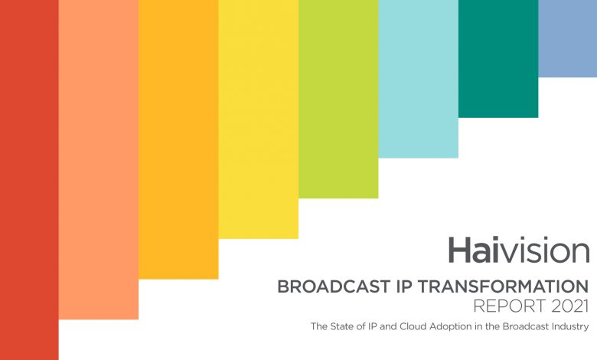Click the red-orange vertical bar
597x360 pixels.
(29, 180)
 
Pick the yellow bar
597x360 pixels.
(258, 119)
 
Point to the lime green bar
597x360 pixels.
(338, 99)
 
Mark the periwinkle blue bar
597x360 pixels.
(567, 38)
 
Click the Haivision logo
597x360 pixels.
(518, 251)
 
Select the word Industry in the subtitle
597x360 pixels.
(569, 327)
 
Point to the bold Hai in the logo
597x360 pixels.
(474, 251)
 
